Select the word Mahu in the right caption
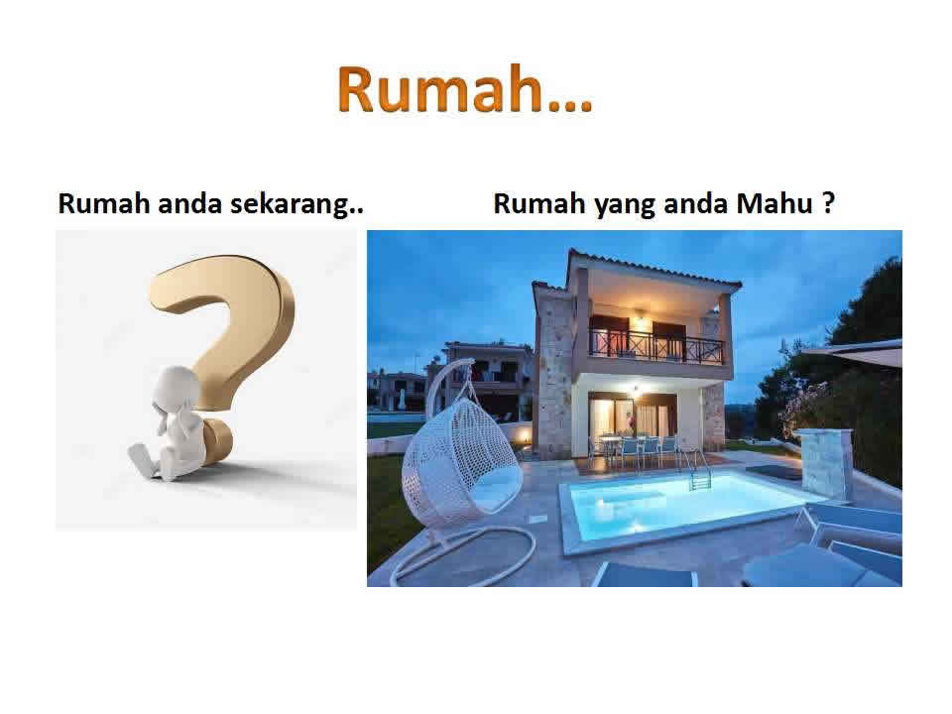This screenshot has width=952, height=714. point(774,202)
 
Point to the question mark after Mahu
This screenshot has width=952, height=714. point(828,202)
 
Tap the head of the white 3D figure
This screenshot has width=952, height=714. point(176,388)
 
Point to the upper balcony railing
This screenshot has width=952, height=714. point(656,347)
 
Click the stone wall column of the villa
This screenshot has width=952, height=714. point(553,378)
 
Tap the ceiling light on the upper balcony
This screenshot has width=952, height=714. point(640,314)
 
